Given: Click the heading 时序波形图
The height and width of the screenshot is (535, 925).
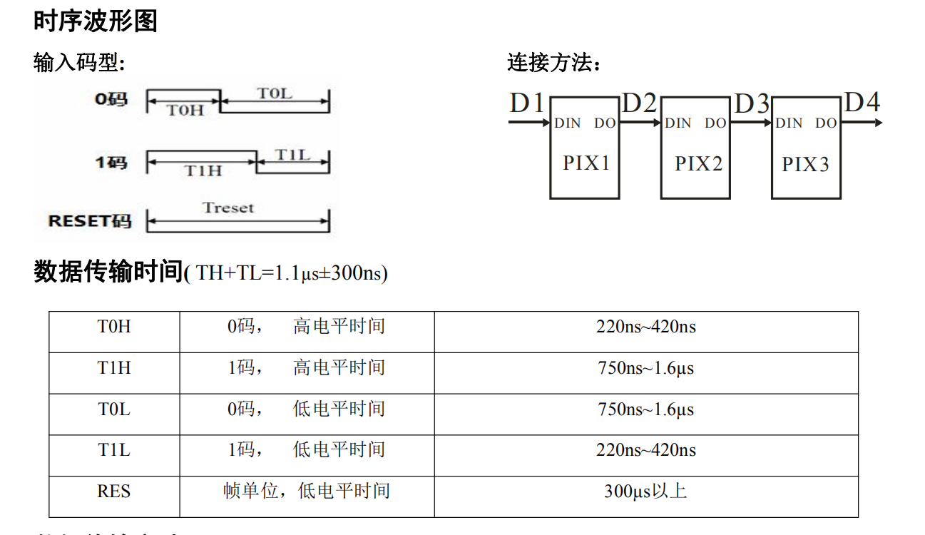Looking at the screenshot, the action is click(96, 21).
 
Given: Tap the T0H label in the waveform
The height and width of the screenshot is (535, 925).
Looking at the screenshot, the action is click(185, 110).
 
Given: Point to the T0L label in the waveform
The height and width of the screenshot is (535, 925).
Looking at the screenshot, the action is click(275, 93).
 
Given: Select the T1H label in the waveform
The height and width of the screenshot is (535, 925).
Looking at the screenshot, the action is click(203, 171).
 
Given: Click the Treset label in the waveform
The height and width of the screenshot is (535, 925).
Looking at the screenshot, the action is click(228, 208).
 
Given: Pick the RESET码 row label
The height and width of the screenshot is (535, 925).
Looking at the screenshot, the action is click(90, 221).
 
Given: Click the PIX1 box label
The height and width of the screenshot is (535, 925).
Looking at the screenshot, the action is click(586, 163).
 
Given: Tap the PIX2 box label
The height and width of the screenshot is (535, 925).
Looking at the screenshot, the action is click(698, 164).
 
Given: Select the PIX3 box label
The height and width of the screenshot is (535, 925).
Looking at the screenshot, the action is click(805, 165).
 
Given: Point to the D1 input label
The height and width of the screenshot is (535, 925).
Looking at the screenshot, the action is click(527, 103).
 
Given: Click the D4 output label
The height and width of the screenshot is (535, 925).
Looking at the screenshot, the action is click(862, 103).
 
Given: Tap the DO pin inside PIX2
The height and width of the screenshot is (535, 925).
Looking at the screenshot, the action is click(715, 123).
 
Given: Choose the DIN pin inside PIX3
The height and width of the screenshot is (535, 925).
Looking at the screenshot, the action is click(789, 123).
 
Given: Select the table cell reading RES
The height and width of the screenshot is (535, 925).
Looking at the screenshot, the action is click(114, 491).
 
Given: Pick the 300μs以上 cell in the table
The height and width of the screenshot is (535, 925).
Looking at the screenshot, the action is click(645, 491).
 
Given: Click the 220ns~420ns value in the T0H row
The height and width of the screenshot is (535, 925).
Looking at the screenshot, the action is click(645, 327).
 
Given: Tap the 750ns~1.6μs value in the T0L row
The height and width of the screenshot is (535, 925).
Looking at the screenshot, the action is click(645, 409).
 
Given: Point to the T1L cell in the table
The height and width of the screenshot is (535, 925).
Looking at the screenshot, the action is click(114, 450).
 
